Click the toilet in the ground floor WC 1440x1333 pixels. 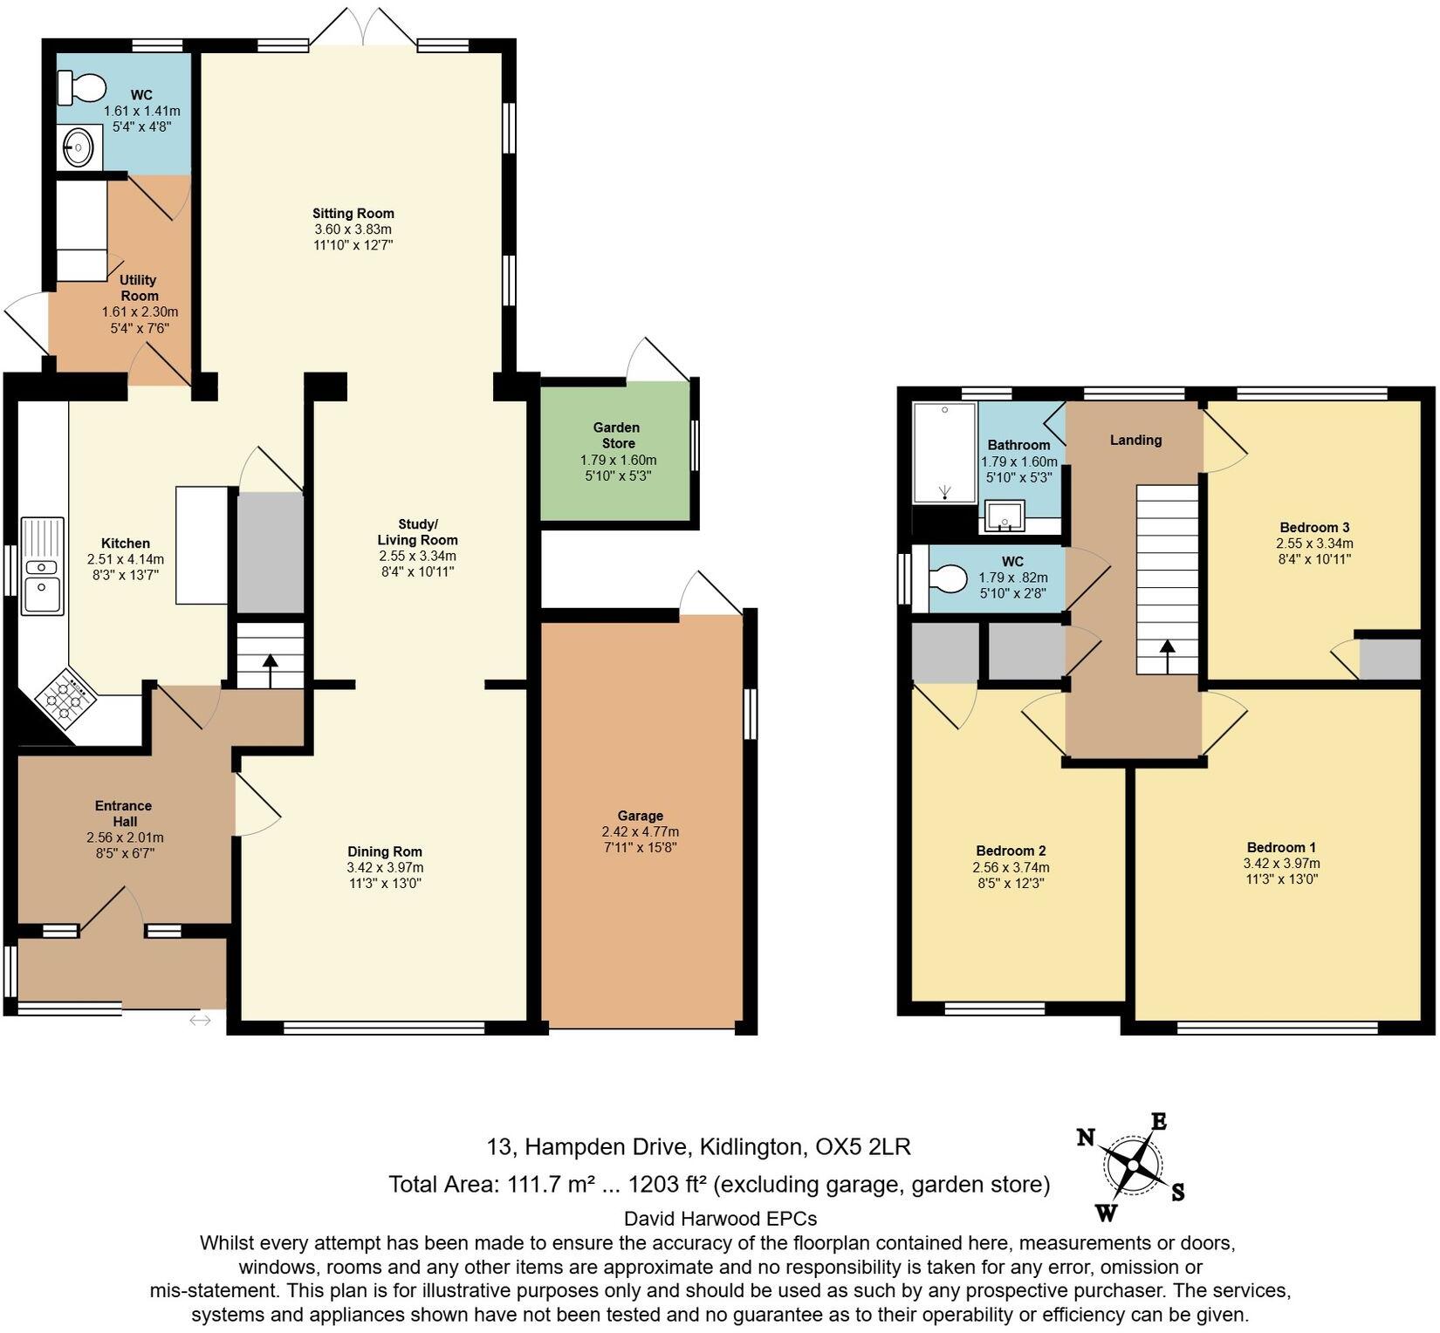coord(82,87)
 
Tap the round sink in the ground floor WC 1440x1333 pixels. coord(79,147)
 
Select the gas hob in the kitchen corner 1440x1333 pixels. coord(65,697)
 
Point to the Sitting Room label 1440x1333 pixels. coord(353,213)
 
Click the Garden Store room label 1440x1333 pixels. coord(616,435)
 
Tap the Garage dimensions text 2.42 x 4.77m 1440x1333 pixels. coord(640,831)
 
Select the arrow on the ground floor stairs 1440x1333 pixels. coord(270,669)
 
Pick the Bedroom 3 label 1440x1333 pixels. coord(1313,527)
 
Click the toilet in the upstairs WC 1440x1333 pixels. coord(947,579)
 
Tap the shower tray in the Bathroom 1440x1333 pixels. coord(944,452)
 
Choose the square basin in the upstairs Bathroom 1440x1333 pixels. coord(1005,516)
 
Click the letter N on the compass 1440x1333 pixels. coord(1086,1137)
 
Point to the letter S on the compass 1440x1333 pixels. coord(1177,1193)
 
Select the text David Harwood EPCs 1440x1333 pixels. coord(720,1218)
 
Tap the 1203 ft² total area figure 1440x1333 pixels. coord(666,1184)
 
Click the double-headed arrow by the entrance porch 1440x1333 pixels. coord(200,1019)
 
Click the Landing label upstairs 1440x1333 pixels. coord(1135,440)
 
